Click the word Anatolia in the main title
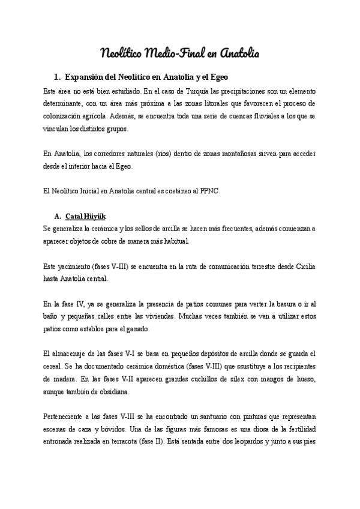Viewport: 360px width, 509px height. (x=239, y=53)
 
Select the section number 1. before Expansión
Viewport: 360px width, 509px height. (x=57, y=77)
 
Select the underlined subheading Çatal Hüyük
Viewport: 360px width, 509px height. (x=86, y=216)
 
